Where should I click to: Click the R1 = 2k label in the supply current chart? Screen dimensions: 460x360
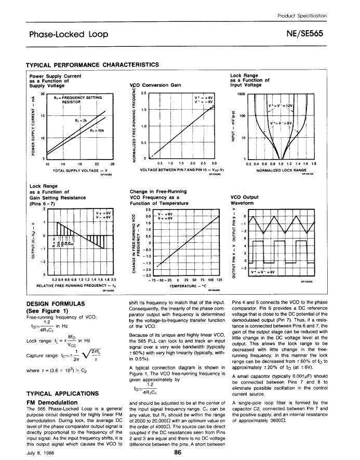(x=80, y=121)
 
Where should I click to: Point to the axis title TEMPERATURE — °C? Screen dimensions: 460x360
(x=179, y=285)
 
